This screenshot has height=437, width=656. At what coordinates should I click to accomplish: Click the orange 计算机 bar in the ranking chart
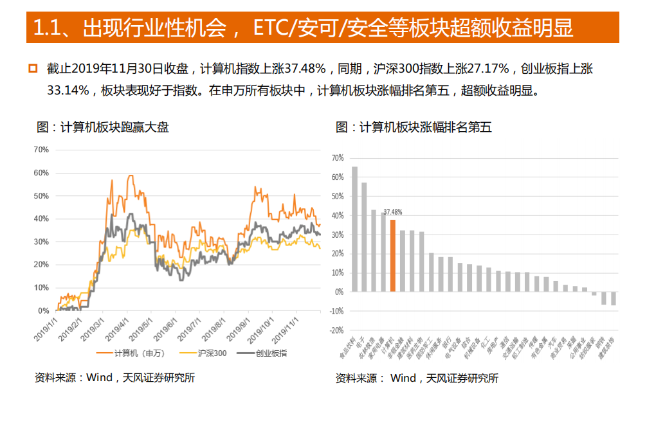click(x=392, y=256)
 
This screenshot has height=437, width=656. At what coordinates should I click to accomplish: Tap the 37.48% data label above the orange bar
click(x=392, y=211)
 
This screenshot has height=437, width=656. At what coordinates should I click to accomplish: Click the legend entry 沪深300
click(x=203, y=353)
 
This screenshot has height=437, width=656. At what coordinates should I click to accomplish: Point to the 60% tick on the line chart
click(x=41, y=173)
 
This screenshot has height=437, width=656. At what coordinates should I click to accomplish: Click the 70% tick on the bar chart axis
click(x=336, y=157)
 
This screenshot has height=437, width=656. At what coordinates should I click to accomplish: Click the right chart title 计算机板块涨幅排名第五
click(x=414, y=127)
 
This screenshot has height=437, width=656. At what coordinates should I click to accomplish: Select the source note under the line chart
click(x=114, y=377)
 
